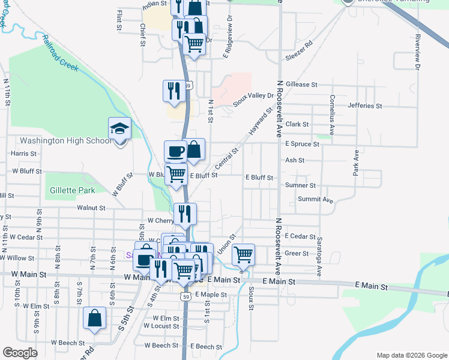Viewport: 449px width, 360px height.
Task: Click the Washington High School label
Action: click(x=65, y=141)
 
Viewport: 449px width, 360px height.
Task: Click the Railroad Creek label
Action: click(x=60, y=55)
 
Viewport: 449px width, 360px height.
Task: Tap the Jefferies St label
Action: click(x=365, y=106)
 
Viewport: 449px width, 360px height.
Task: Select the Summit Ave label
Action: click(x=315, y=199)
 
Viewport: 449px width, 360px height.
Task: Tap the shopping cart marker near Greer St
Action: click(x=243, y=254)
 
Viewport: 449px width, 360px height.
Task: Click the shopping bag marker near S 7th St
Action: click(x=94, y=319)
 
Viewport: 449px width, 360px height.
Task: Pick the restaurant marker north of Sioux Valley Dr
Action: click(x=174, y=91)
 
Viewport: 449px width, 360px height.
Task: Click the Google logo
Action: click(x=20, y=353)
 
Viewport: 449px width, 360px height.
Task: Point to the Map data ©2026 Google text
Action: click(x=411, y=355)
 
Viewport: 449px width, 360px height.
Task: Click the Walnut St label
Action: click(x=91, y=208)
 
